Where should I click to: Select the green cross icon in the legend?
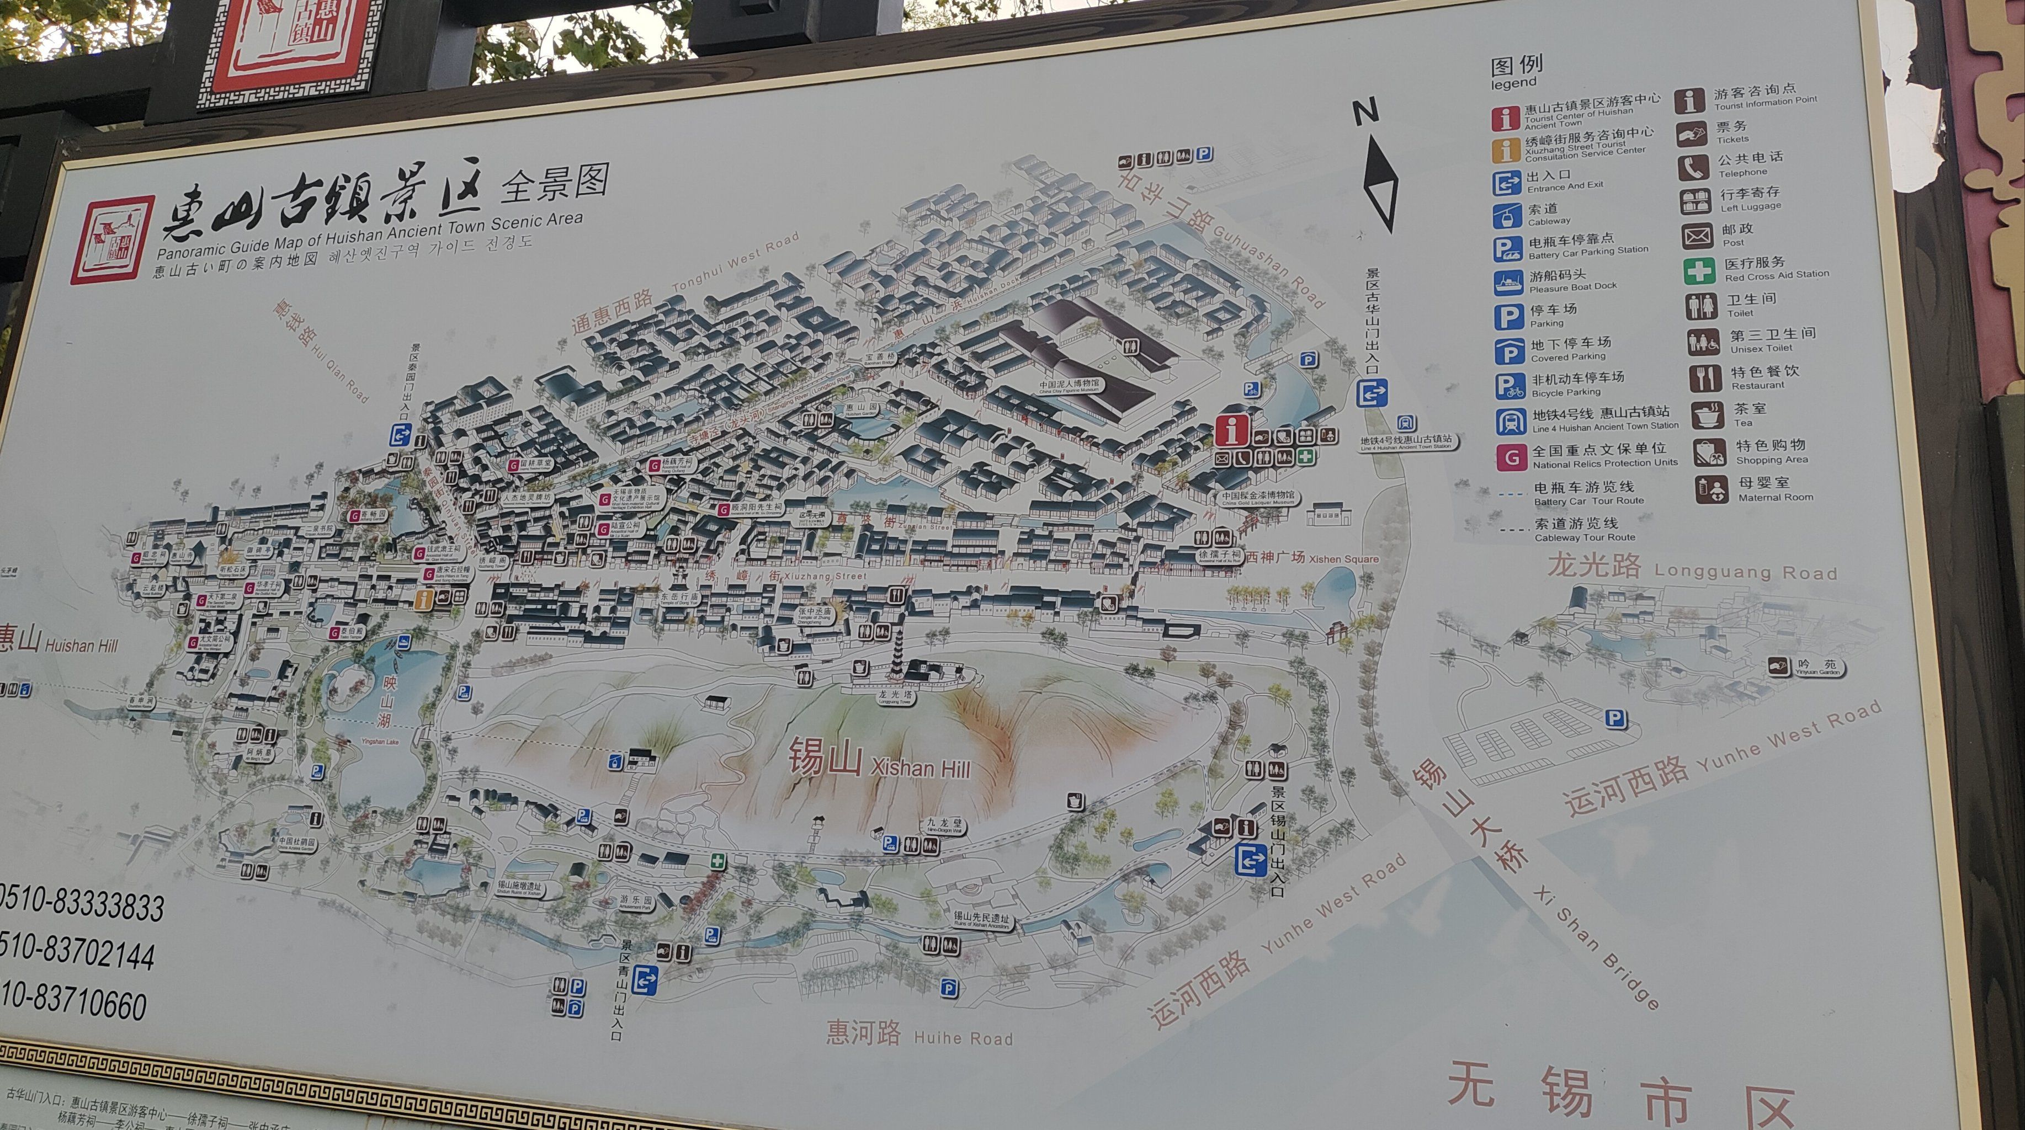pyautogui.click(x=1698, y=270)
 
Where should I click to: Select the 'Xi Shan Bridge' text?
pyautogui.click(x=1596, y=949)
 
